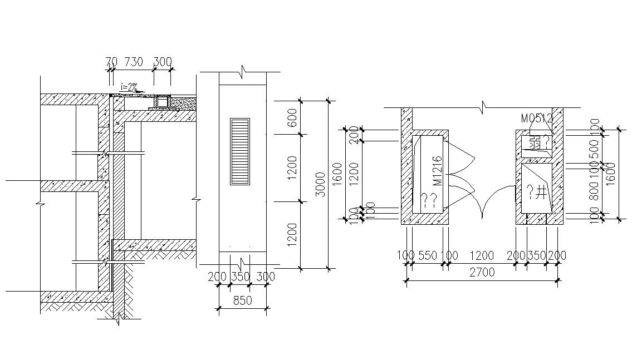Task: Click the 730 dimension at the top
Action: pyautogui.click(x=133, y=62)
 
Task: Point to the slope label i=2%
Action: pyautogui.click(x=129, y=87)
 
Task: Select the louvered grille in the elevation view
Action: pyautogui.click(x=241, y=151)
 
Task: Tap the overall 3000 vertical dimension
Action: pyautogui.click(x=320, y=184)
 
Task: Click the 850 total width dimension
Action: pyautogui.click(x=242, y=301)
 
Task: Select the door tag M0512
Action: pyautogui.click(x=536, y=119)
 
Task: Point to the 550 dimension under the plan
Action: pyautogui.click(x=427, y=256)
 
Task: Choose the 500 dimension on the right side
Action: pyautogui.click(x=595, y=147)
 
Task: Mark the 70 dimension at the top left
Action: pyautogui.click(x=111, y=62)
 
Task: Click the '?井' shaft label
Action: pyautogui.click(x=536, y=193)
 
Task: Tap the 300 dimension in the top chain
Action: pyautogui.click(x=162, y=62)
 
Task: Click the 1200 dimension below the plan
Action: pyautogui.click(x=482, y=256)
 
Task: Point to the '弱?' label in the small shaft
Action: pyautogui.click(x=539, y=142)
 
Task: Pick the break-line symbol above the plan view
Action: pyautogui.click(x=483, y=105)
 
